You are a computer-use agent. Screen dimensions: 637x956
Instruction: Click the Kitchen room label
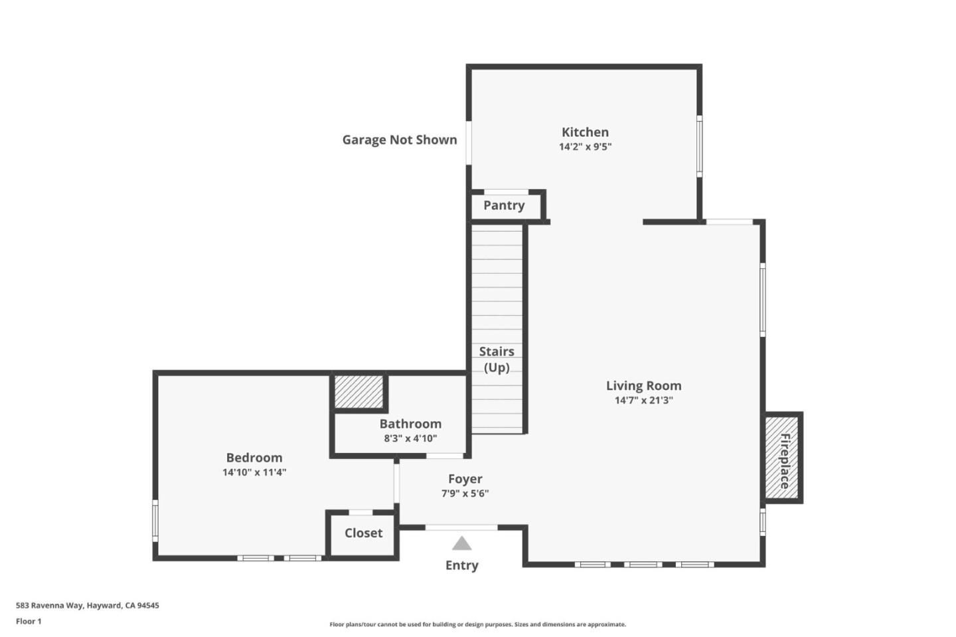(585, 132)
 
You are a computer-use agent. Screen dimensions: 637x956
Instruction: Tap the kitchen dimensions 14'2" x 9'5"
(585, 147)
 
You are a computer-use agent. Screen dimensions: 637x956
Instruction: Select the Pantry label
(504, 205)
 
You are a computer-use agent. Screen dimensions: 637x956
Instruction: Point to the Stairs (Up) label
(497, 359)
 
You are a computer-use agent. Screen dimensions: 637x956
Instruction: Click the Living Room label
(643, 385)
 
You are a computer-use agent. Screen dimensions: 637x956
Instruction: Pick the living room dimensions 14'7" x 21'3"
(643, 400)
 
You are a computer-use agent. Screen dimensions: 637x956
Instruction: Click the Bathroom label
(410, 424)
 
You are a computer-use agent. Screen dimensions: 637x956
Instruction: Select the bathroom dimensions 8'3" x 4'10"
(410, 438)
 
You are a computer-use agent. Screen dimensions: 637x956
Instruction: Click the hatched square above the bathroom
(358, 393)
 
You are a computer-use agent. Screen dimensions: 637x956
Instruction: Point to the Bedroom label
(254, 458)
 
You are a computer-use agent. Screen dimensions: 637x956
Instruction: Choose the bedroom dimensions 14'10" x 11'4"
(254, 472)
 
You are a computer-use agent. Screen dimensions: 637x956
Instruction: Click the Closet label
(363, 533)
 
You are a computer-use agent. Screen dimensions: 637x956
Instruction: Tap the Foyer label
(465, 479)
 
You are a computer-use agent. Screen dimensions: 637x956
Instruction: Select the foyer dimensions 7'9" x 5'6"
(465, 494)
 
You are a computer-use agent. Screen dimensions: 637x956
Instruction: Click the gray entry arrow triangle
(462, 544)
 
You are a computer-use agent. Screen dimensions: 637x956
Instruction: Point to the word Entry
(462, 565)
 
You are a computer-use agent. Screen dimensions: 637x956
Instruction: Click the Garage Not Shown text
(400, 139)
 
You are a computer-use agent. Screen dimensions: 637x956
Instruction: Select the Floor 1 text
(29, 621)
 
